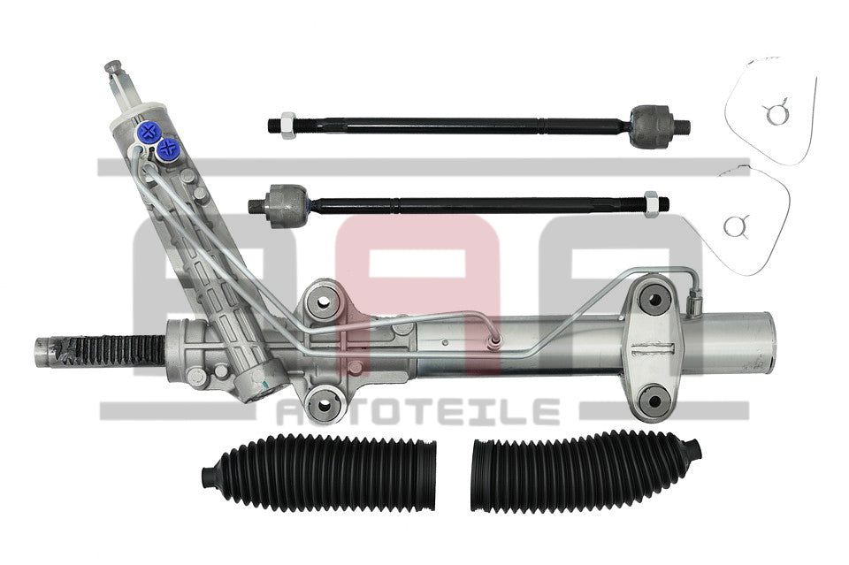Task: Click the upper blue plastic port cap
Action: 148,131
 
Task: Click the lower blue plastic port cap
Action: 168,148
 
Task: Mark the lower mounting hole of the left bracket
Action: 323,404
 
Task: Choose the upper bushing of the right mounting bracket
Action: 654,298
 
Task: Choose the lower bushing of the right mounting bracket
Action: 654,400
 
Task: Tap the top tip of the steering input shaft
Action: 112,66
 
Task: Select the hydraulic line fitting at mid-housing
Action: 493,340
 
